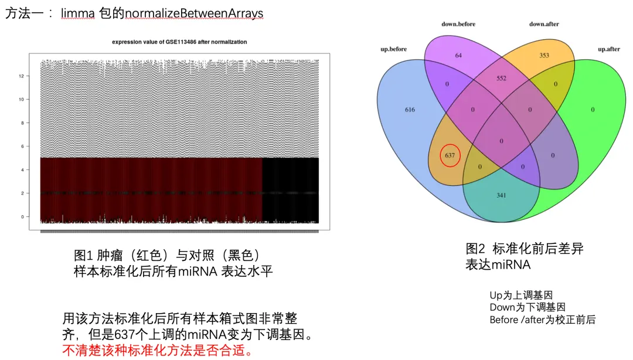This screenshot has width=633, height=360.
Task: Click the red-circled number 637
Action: click(x=450, y=155)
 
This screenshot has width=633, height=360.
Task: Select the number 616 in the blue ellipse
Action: click(x=410, y=110)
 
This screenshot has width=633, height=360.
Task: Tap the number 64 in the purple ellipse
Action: click(x=458, y=55)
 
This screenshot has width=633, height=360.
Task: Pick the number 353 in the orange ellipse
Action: click(x=544, y=55)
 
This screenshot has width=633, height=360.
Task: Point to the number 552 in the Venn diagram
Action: click(x=501, y=78)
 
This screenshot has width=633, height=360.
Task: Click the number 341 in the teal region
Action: click(x=501, y=195)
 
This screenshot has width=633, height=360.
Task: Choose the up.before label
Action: click(x=394, y=49)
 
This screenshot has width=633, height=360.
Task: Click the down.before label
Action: click(x=458, y=24)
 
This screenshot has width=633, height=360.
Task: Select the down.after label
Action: click(x=544, y=24)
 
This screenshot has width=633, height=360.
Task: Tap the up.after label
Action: click(x=608, y=49)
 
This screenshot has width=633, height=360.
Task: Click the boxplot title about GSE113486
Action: click(x=179, y=42)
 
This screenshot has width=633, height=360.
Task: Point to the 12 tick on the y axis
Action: click(x=21, y=76)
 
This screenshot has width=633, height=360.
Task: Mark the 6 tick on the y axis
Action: click(x=22, y=147)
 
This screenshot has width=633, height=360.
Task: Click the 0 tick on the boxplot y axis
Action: click(x=22, y=216)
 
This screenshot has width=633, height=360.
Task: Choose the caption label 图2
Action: click(x=475, y=249)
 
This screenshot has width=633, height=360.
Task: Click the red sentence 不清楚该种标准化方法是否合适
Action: click(x=159, y=351)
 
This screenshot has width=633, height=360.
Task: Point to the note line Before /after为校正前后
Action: click(x=542, y=320)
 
